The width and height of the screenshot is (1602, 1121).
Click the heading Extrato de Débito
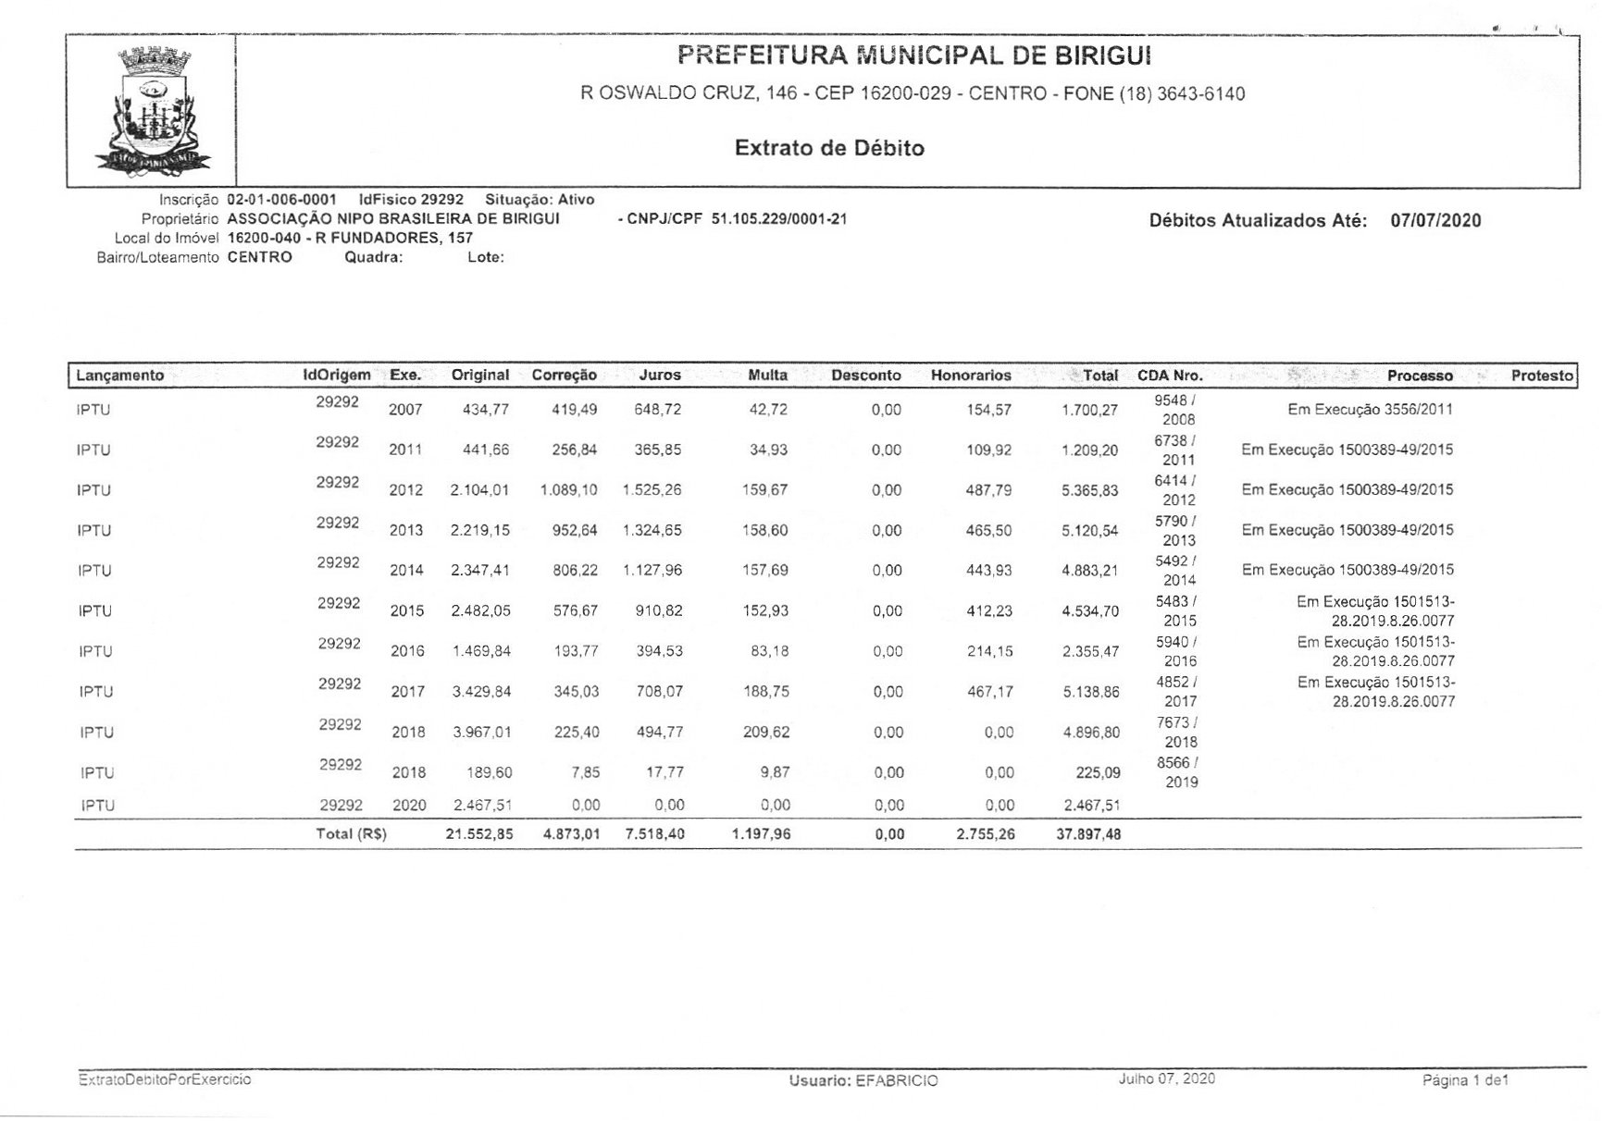pyautogui.click(x=829, y=148)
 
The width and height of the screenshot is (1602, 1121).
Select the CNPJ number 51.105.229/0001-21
pyautogui.click(x=779, y=219)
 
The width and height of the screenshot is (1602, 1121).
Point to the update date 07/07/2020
pyautogui.click(x=1435, y=220)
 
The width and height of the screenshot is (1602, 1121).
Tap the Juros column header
pyautogui.click(x=659, y=376)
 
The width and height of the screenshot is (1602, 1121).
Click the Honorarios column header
pyautogui.click(x=971, y=376)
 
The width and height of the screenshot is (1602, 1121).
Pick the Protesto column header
pyautogui.click(x=1542, y=376)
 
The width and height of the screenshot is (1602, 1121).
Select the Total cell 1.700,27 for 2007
pyautogui.click(x=1089, y=410)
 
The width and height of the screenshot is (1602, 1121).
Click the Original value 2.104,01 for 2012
pyautogui.click(x=479, y=490)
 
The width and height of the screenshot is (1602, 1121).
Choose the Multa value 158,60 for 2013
pyautogui.click(x=765, y=531)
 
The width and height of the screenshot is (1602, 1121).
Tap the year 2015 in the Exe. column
pyautogui.click(x=406, y=611)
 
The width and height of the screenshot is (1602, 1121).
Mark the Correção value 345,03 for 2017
pyautogui.click(x=576, y=692)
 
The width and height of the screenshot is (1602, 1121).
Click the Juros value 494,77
pyautogui.click(x=660, y=733)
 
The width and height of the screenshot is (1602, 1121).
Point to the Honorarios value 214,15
pyautogui.click(x=989, y=651)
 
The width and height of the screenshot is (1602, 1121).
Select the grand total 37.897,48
pyautogui.click(x=1088, y=834)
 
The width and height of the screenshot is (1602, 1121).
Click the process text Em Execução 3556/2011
pyautogui.click(x=1370, y=410)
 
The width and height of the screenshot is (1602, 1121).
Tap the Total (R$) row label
pyautogui.click(x=351, y=834)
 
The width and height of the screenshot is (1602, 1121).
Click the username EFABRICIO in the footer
pyautogui.click(x=896, y=1080)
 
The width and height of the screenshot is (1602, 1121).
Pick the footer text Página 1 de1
pyautogui.click(x=1465, y=1080)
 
